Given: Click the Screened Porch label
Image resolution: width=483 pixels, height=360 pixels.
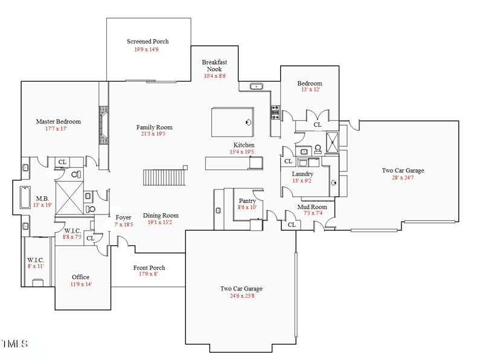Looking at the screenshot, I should click(x=148, y=42).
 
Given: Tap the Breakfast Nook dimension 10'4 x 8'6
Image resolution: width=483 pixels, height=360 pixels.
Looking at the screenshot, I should click(x=214, y=76).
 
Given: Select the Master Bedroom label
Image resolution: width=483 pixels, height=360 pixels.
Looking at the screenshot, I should click(x=58, y=121).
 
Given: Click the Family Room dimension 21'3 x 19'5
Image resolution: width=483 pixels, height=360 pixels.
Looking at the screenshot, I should click(x=154, y=134).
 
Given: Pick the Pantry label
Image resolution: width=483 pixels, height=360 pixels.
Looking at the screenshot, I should click(x=248, y=201).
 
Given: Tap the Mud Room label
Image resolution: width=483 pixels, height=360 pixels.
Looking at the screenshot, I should click(x=312, y=207).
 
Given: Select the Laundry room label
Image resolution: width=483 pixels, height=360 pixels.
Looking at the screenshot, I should click(x=302, y=174).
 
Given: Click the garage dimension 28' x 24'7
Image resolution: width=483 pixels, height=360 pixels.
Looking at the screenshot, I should click(x=403, y=178).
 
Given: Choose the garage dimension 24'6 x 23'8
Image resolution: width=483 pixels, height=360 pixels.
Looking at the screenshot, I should click(x=241, y=296).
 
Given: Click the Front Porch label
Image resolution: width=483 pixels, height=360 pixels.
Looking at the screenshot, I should click(x=149, y=268).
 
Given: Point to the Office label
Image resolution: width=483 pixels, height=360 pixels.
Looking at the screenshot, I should click(x=80, y=277).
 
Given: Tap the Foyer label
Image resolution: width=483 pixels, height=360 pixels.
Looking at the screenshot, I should click(x=124, y=217).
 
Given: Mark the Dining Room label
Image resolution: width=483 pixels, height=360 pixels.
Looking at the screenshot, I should click(x=161, y=215).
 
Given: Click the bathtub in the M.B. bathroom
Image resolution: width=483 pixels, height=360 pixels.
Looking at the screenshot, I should click(x=25, y=198).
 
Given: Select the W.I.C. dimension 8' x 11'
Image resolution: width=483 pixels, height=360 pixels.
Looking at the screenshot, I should click(x=35, y=266).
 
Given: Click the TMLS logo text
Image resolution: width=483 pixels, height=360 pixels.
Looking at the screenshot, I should click(x=14, y=345).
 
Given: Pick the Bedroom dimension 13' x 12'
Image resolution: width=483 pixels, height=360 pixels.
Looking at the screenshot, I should click(x=310, y=90).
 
